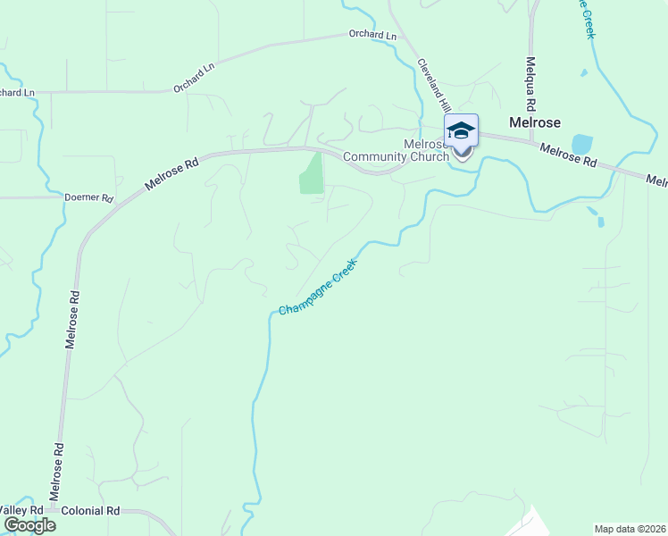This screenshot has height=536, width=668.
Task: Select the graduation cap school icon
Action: click(x=461, y=131)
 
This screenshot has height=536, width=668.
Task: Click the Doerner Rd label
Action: click(x=89, y=197)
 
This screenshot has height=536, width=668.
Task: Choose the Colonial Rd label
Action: click(x=90, y=511)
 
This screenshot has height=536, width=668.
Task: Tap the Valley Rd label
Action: click(x=22, y=510)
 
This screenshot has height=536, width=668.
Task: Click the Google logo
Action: click(x=29, y=524)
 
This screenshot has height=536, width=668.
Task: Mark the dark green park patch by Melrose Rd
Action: click(x=310, y=173)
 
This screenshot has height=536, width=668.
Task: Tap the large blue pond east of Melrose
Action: click(x=581, y=144)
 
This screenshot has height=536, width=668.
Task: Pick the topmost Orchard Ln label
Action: click(x=372, y=35)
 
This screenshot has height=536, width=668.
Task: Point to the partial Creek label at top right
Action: click(x=588, y=18)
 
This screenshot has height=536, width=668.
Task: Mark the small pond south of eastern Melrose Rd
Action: click(x=594, y=213)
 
